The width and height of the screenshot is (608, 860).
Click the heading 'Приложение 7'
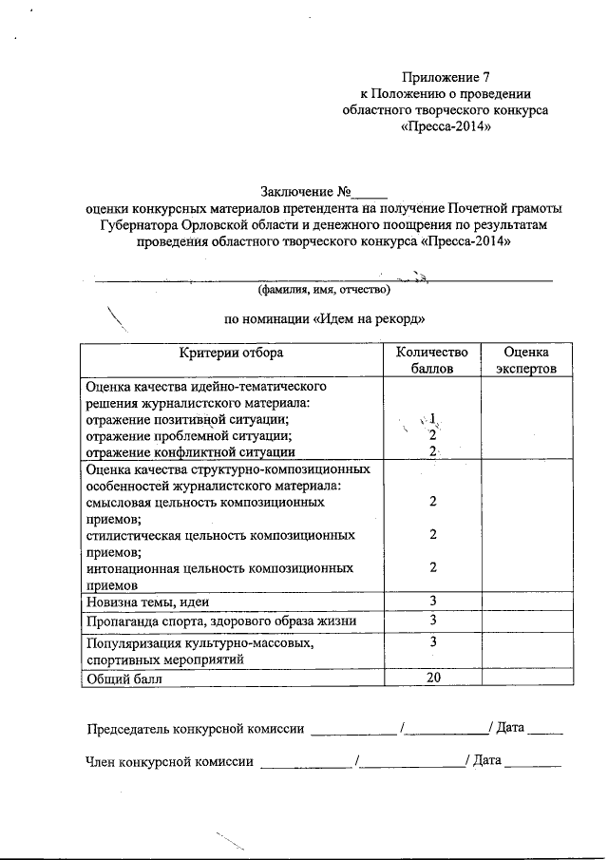coord(446,76)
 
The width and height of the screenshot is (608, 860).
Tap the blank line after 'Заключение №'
coord(371,194)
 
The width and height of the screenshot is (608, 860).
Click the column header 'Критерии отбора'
coord(232,354)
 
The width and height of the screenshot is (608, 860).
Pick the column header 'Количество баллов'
coord(432,360)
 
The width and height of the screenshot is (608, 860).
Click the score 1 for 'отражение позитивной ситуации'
coord(432,418)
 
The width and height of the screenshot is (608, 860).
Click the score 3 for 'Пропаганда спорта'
coord(432,621)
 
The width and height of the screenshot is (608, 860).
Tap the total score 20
coord(432,678)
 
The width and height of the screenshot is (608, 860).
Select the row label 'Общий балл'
coord(124,678)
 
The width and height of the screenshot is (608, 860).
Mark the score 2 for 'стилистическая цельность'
coord(432,534)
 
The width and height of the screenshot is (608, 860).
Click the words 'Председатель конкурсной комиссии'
coord(196,730)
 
